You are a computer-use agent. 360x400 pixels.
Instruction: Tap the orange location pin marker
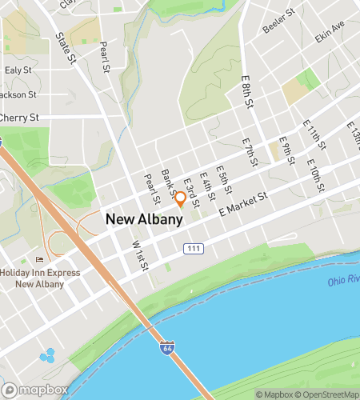tap(181, 198)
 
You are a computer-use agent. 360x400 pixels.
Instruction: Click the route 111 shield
tap(192, 250)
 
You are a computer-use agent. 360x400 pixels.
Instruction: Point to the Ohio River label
tap(344, 282)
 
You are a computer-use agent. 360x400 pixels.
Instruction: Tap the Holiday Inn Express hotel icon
tap(39, 260)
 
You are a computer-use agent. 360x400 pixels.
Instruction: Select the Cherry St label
tap(20, 117)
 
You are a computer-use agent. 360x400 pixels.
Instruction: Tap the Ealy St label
tap(18, 70)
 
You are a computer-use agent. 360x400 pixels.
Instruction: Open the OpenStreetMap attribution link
tap(328, 394)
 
